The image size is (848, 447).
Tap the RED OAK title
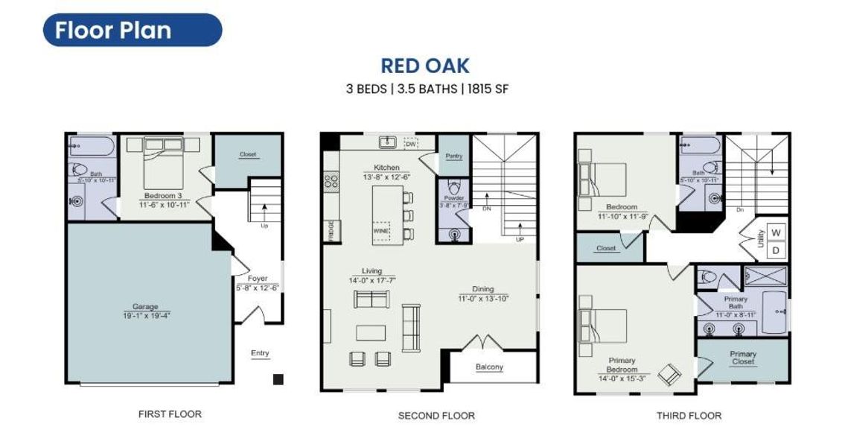tap(424, 66)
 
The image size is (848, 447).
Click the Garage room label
tap(145, 306)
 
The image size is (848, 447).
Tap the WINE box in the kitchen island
tap(381, 232)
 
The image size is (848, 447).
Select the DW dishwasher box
tap(410, 142)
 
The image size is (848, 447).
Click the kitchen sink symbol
tap(386, 142)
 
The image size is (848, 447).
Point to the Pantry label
tap(453, 156)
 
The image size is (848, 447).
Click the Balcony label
tap(489, 367)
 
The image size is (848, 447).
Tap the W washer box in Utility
tap(776, 232)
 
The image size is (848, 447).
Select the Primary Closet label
tap(742, 358)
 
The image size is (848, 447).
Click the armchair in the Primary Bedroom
tap(669, 373)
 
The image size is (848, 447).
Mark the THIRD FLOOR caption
tap(688, 415)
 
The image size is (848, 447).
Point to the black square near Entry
tap(278, 379)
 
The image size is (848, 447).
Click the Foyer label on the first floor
tap(258, 279)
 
